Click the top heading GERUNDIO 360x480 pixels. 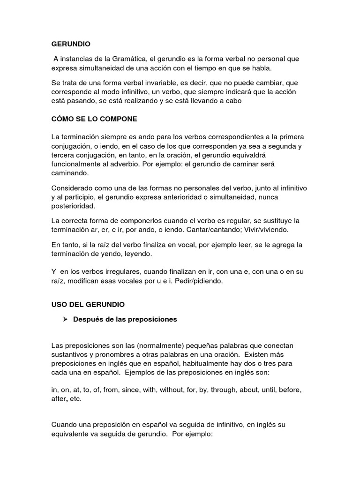click(x=71, y=44)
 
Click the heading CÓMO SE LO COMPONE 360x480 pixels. click(x=94, y=119)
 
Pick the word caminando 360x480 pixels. click(x=69, y=173)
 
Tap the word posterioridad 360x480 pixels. click(x=73, y=206)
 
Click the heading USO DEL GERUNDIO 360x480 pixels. click(x=88, y=305)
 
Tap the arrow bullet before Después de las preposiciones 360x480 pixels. click(x=66, y=319)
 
